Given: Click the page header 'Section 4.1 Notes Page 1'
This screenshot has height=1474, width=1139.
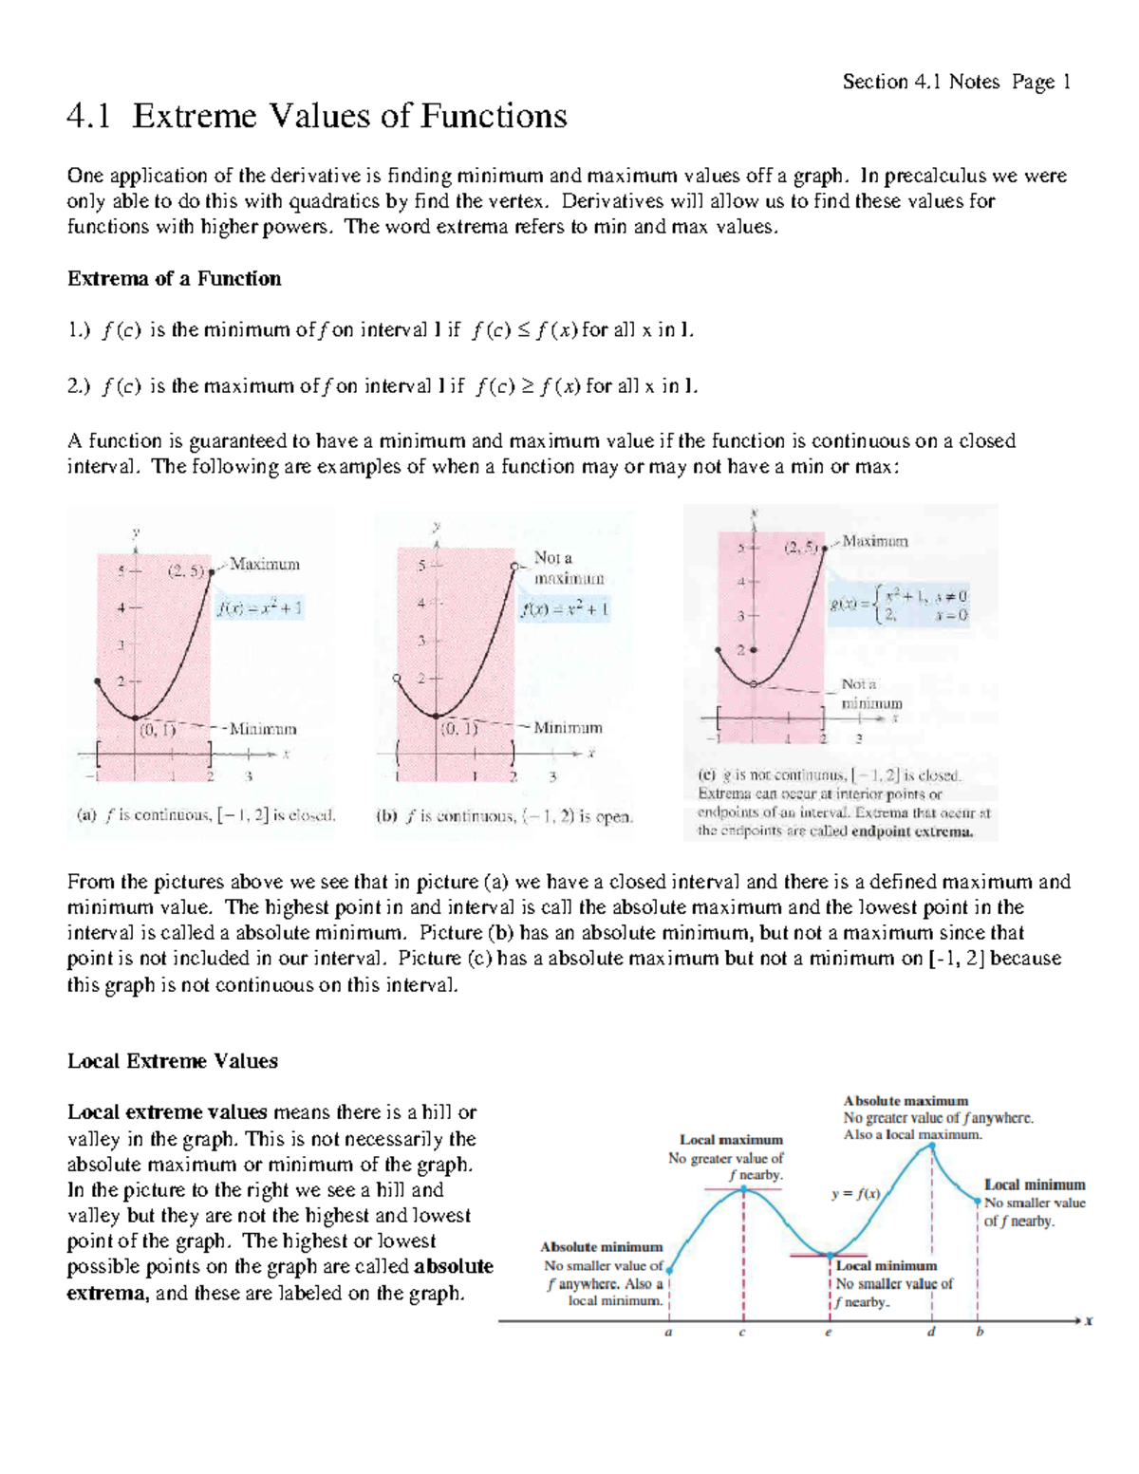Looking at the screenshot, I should pyautogui.click(x=956, y=83).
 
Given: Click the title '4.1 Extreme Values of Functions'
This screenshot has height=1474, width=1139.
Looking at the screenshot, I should pyautogui.click(x=317, y=117).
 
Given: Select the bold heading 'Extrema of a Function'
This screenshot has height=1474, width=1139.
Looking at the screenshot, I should pyautogui.click(x=174, y=279).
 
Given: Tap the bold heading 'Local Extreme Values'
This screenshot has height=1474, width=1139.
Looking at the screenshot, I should pyautogui.click(x=172, y=1061).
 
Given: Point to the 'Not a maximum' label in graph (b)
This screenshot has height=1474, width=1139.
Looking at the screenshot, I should pyautogui.click(x=568, y=568).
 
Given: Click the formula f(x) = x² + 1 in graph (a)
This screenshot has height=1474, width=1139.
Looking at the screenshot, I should pyautogui.click(x=259, y=608).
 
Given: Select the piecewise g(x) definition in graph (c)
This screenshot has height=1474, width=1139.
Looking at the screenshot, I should pyautogui.click(x=899, y=605).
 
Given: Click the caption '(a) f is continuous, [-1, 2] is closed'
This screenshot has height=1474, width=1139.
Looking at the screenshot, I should pyautogui.click(x=206, y=815).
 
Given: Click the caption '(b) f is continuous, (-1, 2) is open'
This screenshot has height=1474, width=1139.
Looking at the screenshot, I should pyautogui.click(x=504, y=816).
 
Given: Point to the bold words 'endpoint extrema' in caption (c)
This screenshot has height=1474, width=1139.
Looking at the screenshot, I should pyautogui.click(x=911, y=831).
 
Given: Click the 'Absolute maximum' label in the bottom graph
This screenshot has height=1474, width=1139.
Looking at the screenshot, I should pyautogui.click(x=906, y=1101).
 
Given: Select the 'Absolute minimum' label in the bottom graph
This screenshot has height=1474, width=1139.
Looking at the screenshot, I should pyautogui.click(x=601, y=1247).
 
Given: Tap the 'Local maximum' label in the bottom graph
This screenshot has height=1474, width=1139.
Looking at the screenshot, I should pyautogui.click(x=731, y=1140).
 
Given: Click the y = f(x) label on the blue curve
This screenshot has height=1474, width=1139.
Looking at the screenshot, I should pyautogui.click(x=855, y=1194).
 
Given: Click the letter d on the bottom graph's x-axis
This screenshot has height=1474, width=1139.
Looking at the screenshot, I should pyautogui.click(x=931, y=1332).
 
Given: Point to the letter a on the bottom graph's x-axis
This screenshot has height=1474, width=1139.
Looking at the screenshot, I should pyautogui.click(x=668, y=1332).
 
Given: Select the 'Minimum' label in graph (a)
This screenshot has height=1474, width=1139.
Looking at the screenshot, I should pyautogui.click(x=263, y=729).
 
